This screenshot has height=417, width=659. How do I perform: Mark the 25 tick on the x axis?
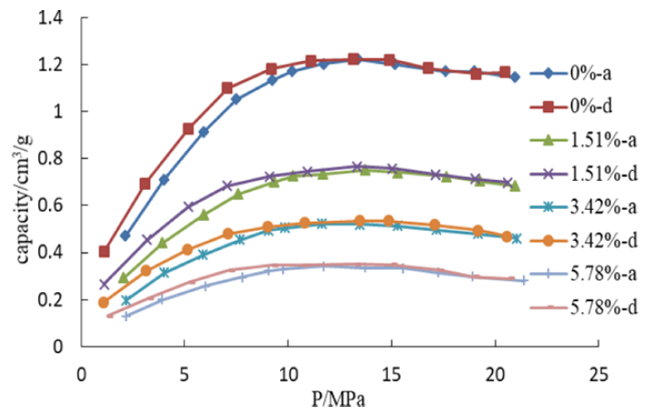tap(598, 372)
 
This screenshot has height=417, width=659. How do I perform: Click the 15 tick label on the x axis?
tap(391, 372)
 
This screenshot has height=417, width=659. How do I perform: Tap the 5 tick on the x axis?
tap(184, 372)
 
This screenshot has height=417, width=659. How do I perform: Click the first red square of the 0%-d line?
tap(104, 251)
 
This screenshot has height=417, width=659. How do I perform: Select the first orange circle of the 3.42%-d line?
tap(104, 302)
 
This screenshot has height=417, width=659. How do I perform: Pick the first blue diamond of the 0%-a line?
tap(125, 235)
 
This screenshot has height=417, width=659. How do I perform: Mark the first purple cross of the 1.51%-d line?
tap(104, 284)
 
